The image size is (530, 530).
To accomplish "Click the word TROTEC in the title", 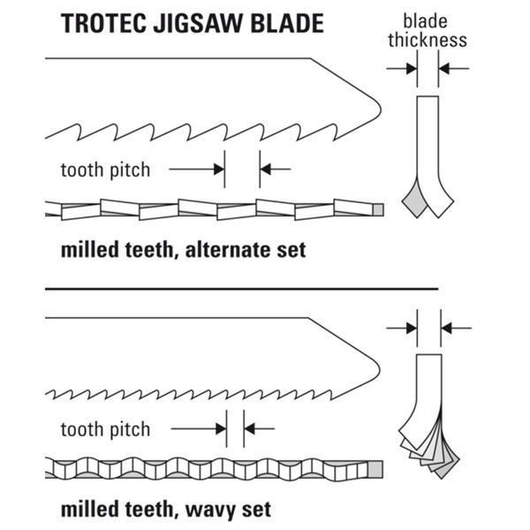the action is [102, 23].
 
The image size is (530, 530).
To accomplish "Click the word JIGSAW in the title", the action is [198, 23].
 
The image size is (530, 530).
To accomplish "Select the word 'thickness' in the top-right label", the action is [428, 40].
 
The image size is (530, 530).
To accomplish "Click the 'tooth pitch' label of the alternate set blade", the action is [105, 170].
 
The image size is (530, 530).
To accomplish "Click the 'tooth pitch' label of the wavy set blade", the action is [105, 429].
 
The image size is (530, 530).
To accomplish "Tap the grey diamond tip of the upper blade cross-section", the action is [415, 201].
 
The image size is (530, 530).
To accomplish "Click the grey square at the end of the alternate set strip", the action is [378, 209].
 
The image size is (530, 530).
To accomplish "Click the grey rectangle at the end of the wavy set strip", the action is [375, 469].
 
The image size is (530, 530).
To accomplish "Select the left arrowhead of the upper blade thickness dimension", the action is [412, 69].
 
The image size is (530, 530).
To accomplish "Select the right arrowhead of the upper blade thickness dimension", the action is [444, 69].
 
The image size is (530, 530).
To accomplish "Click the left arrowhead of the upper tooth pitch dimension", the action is [219, 169].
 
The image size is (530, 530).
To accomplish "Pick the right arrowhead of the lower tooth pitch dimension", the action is [249, 428].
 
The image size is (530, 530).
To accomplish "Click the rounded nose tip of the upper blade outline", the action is [381, 109].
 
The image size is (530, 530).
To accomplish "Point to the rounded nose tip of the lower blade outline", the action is [380, 368].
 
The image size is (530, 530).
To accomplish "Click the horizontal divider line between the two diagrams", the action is [242, 289].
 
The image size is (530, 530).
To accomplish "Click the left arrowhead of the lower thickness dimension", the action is [412, 329].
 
